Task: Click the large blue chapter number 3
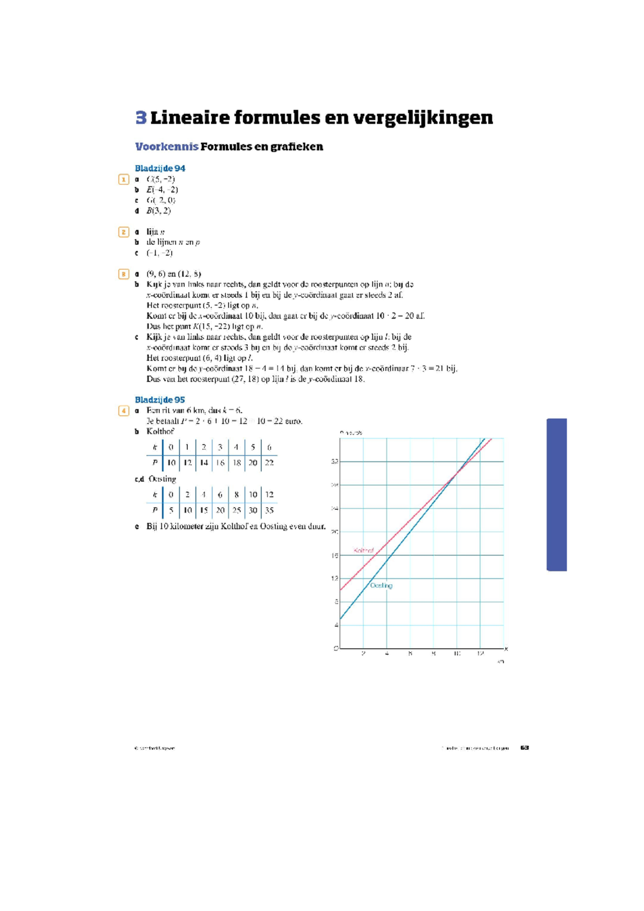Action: [x=141, y=118]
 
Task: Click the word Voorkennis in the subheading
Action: [x=166, y=147]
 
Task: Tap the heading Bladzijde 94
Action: [x=160, y=168]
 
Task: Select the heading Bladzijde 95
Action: [x=160, y=400]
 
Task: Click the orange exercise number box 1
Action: [x=123, y=179]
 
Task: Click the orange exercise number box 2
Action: [x=123, y=232]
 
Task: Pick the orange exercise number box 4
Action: [x=123, y=411]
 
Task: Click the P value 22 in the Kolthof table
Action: [x=269, y=462]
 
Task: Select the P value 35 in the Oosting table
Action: [x=269, y=510]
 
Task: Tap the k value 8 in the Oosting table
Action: [x=237, y=494]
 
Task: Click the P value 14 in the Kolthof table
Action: [x=204, y=462]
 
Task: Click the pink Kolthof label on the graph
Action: [x=364, y=551]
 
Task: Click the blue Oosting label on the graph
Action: [x=381, y=585]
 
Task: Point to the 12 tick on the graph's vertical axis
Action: [x=335, y=579]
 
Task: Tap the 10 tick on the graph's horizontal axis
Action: [x=457, y=654]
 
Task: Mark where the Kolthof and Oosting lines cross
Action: [x=457, y=473]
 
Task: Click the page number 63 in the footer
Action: [x=525, y=748]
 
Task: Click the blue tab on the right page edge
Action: [x=557, y=494]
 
